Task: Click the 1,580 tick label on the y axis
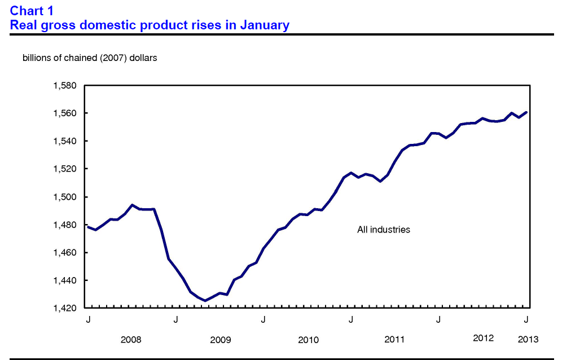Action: (x=64, y=86)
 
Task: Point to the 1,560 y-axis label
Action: (x=64, y=113)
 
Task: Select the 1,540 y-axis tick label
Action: (x=64, y=141)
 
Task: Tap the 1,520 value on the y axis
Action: (x=64, y=169)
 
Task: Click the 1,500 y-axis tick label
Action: (x=64, y=197)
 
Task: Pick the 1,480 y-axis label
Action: (x=64, y=225)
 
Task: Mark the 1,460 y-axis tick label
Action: (x=64, y=252)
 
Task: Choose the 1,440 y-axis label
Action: (x=64, y=280)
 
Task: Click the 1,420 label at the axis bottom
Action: (x=64, y=308)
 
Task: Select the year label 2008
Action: (x=131, y=340)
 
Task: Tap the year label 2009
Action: (x=220, y=340)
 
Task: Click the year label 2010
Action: (x=308, y=340)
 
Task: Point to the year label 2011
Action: (x=394, y=340)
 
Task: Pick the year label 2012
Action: (x=483, y=339)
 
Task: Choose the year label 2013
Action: (x=528, y=339)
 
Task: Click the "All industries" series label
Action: (x=384, y=230)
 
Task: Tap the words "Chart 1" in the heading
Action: (x=32, y=11)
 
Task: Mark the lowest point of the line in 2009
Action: (x=205, y=301)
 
